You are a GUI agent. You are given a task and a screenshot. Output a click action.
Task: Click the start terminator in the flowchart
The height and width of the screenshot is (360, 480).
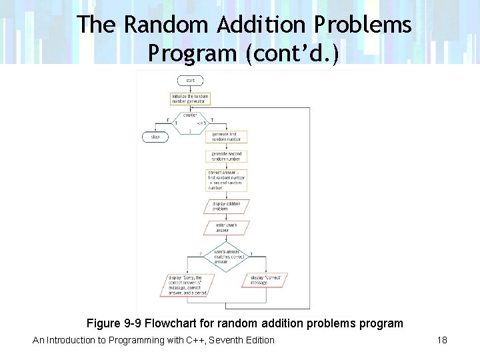point(191,80)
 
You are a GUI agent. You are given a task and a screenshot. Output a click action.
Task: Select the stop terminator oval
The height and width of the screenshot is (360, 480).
point(155,137)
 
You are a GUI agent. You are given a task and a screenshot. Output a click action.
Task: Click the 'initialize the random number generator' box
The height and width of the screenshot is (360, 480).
point(190,99)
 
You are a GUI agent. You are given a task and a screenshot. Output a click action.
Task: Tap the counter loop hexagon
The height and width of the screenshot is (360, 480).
point(191,123)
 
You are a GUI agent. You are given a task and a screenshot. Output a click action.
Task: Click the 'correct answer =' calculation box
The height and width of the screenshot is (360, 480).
point(227,180)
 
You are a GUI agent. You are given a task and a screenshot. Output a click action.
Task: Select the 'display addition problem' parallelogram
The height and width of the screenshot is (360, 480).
point(227,207)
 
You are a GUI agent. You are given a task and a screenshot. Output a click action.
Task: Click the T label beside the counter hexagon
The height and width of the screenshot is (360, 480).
point(212,121)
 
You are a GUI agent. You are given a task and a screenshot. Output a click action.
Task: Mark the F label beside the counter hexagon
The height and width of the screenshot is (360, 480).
point(167,121)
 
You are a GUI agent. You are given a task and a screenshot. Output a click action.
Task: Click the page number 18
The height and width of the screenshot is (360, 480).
point(442,341)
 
